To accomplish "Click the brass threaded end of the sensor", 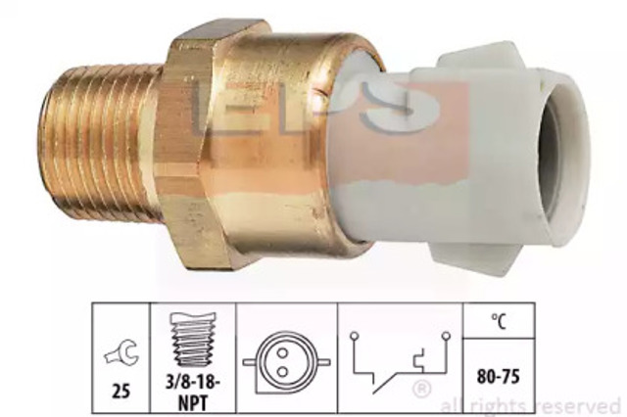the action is pyautogui.click(x=100, y=142).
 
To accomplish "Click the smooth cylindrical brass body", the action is pyautogui.click(x=280, y=144).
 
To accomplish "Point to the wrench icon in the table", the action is pyautogui.click(x=121, y=351).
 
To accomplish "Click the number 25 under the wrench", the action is pyautogui.click(x=121, y=391).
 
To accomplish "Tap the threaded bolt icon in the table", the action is pyautogui.click(x=193, y=339).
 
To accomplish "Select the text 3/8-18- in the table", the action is pyautogui.click(x=193, y=383).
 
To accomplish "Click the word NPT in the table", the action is pyautogui.click(x=193, y=402).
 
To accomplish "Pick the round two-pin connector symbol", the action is pyautogui.click(x=287, y=363).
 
